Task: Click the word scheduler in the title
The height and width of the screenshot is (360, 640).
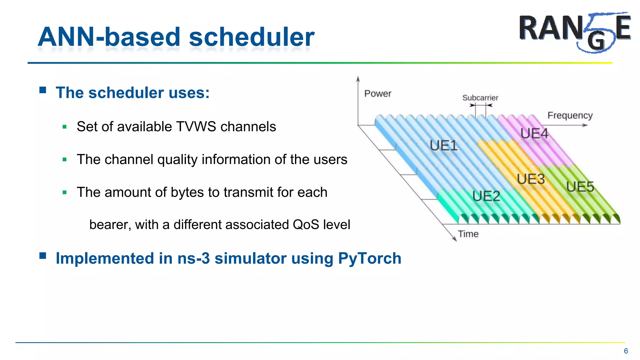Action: pos(252,37)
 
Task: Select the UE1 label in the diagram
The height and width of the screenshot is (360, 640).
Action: pos(443,146)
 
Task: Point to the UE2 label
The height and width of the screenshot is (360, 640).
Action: pos(486,196)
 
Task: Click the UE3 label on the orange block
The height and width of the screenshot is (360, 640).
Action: pos(531,179)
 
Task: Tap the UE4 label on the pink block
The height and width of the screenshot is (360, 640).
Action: pos(534,134)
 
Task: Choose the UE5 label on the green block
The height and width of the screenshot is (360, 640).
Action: pos(580,187)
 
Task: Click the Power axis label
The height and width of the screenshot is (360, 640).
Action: pos(377,93)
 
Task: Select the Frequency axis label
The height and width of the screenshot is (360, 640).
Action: pos(570,115)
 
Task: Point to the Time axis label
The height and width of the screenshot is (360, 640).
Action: pos(468,234)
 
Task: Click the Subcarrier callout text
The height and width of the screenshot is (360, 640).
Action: pos(480,98)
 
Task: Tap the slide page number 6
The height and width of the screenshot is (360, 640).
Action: pos(626,351)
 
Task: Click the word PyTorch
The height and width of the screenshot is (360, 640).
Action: pos(369,258)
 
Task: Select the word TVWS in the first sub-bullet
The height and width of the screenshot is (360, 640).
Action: pos(196,127)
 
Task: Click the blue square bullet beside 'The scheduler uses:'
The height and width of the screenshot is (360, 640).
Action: pos(43,91)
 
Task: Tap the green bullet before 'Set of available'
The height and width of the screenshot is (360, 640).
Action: pos(65,127)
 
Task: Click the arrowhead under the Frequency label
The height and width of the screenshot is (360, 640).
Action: pos(585,125)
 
